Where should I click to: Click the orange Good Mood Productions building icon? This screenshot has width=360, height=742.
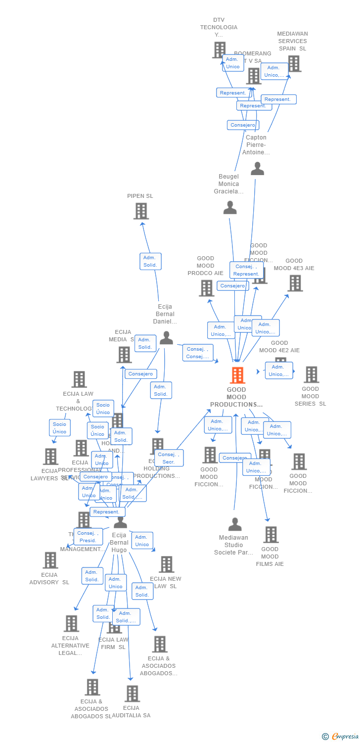click(237, 375)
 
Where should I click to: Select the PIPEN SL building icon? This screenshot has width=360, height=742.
click(141, 211)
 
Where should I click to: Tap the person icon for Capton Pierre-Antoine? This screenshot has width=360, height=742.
click(257, 169)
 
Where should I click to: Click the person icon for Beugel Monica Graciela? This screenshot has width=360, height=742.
click(230, 208)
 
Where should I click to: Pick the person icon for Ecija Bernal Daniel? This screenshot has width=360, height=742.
click(166, 338)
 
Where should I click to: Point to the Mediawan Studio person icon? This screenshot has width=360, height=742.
click(235, 524)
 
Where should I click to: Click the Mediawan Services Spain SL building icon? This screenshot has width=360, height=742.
click(294, 64)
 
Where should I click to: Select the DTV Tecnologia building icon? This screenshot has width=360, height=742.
click(219, 50)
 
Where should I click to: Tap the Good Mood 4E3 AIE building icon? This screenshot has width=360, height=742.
click(295, 283)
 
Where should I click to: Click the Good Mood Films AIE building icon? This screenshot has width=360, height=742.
click(270, 535)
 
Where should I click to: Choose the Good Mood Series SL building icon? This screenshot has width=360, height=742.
click(311, 375)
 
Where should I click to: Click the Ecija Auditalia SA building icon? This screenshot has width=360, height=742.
click(132, 694)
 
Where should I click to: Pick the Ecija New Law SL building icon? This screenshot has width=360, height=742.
click(166, 564)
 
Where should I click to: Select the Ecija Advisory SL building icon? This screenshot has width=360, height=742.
click(50, 560)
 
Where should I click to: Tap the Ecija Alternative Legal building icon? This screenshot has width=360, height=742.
click(71, 624)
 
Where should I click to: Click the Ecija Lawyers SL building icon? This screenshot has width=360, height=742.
click(50, 457)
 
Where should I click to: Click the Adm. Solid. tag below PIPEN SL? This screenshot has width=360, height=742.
click(150, 261)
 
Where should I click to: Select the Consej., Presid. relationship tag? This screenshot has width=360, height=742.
click(88, 537)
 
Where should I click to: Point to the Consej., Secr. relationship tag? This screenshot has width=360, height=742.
click(169, 458)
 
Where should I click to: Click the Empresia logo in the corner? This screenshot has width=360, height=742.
click(341, 737)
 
